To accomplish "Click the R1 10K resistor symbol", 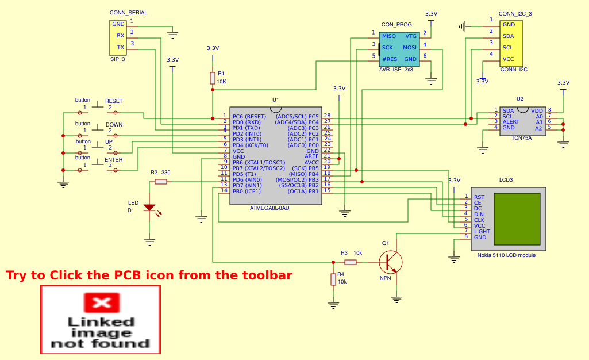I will [213, 78].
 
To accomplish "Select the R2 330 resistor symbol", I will [161, 182].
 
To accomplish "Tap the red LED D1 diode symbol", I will [149, 207].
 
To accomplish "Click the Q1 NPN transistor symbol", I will [391, 262].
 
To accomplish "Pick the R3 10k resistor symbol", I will [350, 262].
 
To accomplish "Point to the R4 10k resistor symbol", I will [333, 279].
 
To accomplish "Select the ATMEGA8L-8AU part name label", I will [270, 208].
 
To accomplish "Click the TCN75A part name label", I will [521, 138].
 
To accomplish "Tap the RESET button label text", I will [114, 101].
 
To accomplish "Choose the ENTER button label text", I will [114, 160].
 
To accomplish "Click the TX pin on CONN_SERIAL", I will [121, 47].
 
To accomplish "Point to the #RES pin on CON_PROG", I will [390, 59].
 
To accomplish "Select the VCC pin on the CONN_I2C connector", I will [508, 59].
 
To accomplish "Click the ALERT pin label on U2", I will [511, 122].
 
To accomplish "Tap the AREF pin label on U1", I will [311, 156].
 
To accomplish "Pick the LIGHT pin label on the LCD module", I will [482, 231].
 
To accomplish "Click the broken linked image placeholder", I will [100, 320].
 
